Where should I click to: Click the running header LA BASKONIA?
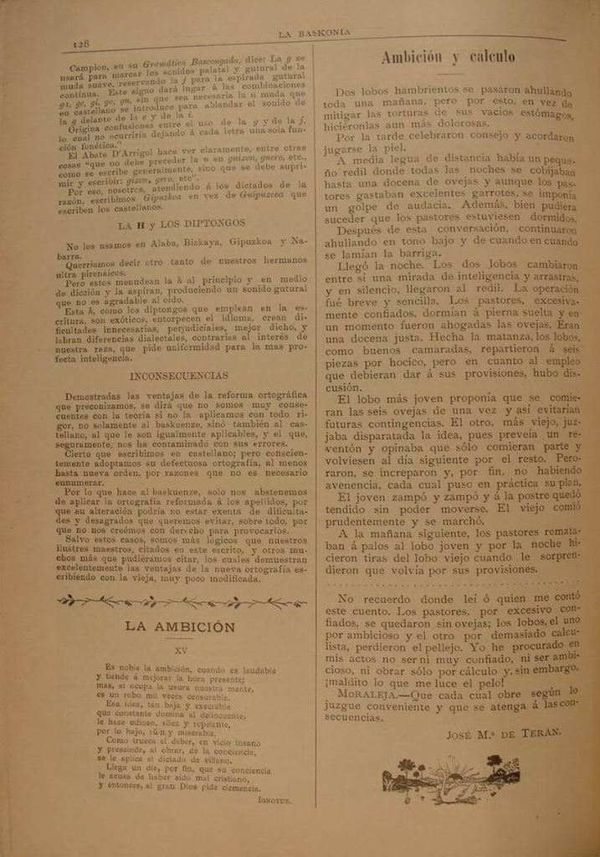[x=313, y=34]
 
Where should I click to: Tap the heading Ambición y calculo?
[x=448, y=57]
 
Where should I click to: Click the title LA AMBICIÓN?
[x=180, y=626]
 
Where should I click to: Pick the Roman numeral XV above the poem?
[x=181, y=648]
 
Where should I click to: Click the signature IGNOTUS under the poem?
[x=274, y=801]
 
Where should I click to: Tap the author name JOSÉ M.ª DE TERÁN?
[x=504, y=734]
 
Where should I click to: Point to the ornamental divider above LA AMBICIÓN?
[x=181, y=600]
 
